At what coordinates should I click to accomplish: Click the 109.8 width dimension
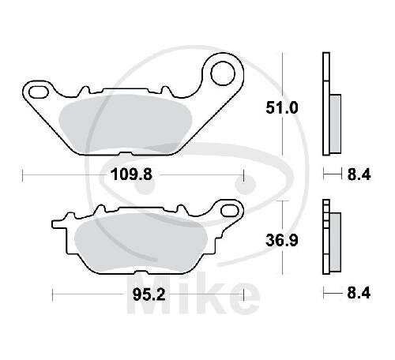click(x=132, y=174)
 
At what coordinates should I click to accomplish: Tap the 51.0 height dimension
click(x=282, y=108)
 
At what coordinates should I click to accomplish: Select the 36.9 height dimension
click(x=282, y=241)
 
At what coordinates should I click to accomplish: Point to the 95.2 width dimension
click(x=149, y=294)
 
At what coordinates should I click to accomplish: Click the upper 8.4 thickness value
click(x=359, y=174)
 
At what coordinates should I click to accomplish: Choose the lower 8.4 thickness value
click(x=359, y=293)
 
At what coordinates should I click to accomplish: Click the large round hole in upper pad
click(x=223, y=73)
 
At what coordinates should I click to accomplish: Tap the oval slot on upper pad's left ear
click(x=39, y=92)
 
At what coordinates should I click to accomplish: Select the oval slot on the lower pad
click(x=229, y=211)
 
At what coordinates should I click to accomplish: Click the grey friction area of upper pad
click(x=125, y=124)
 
